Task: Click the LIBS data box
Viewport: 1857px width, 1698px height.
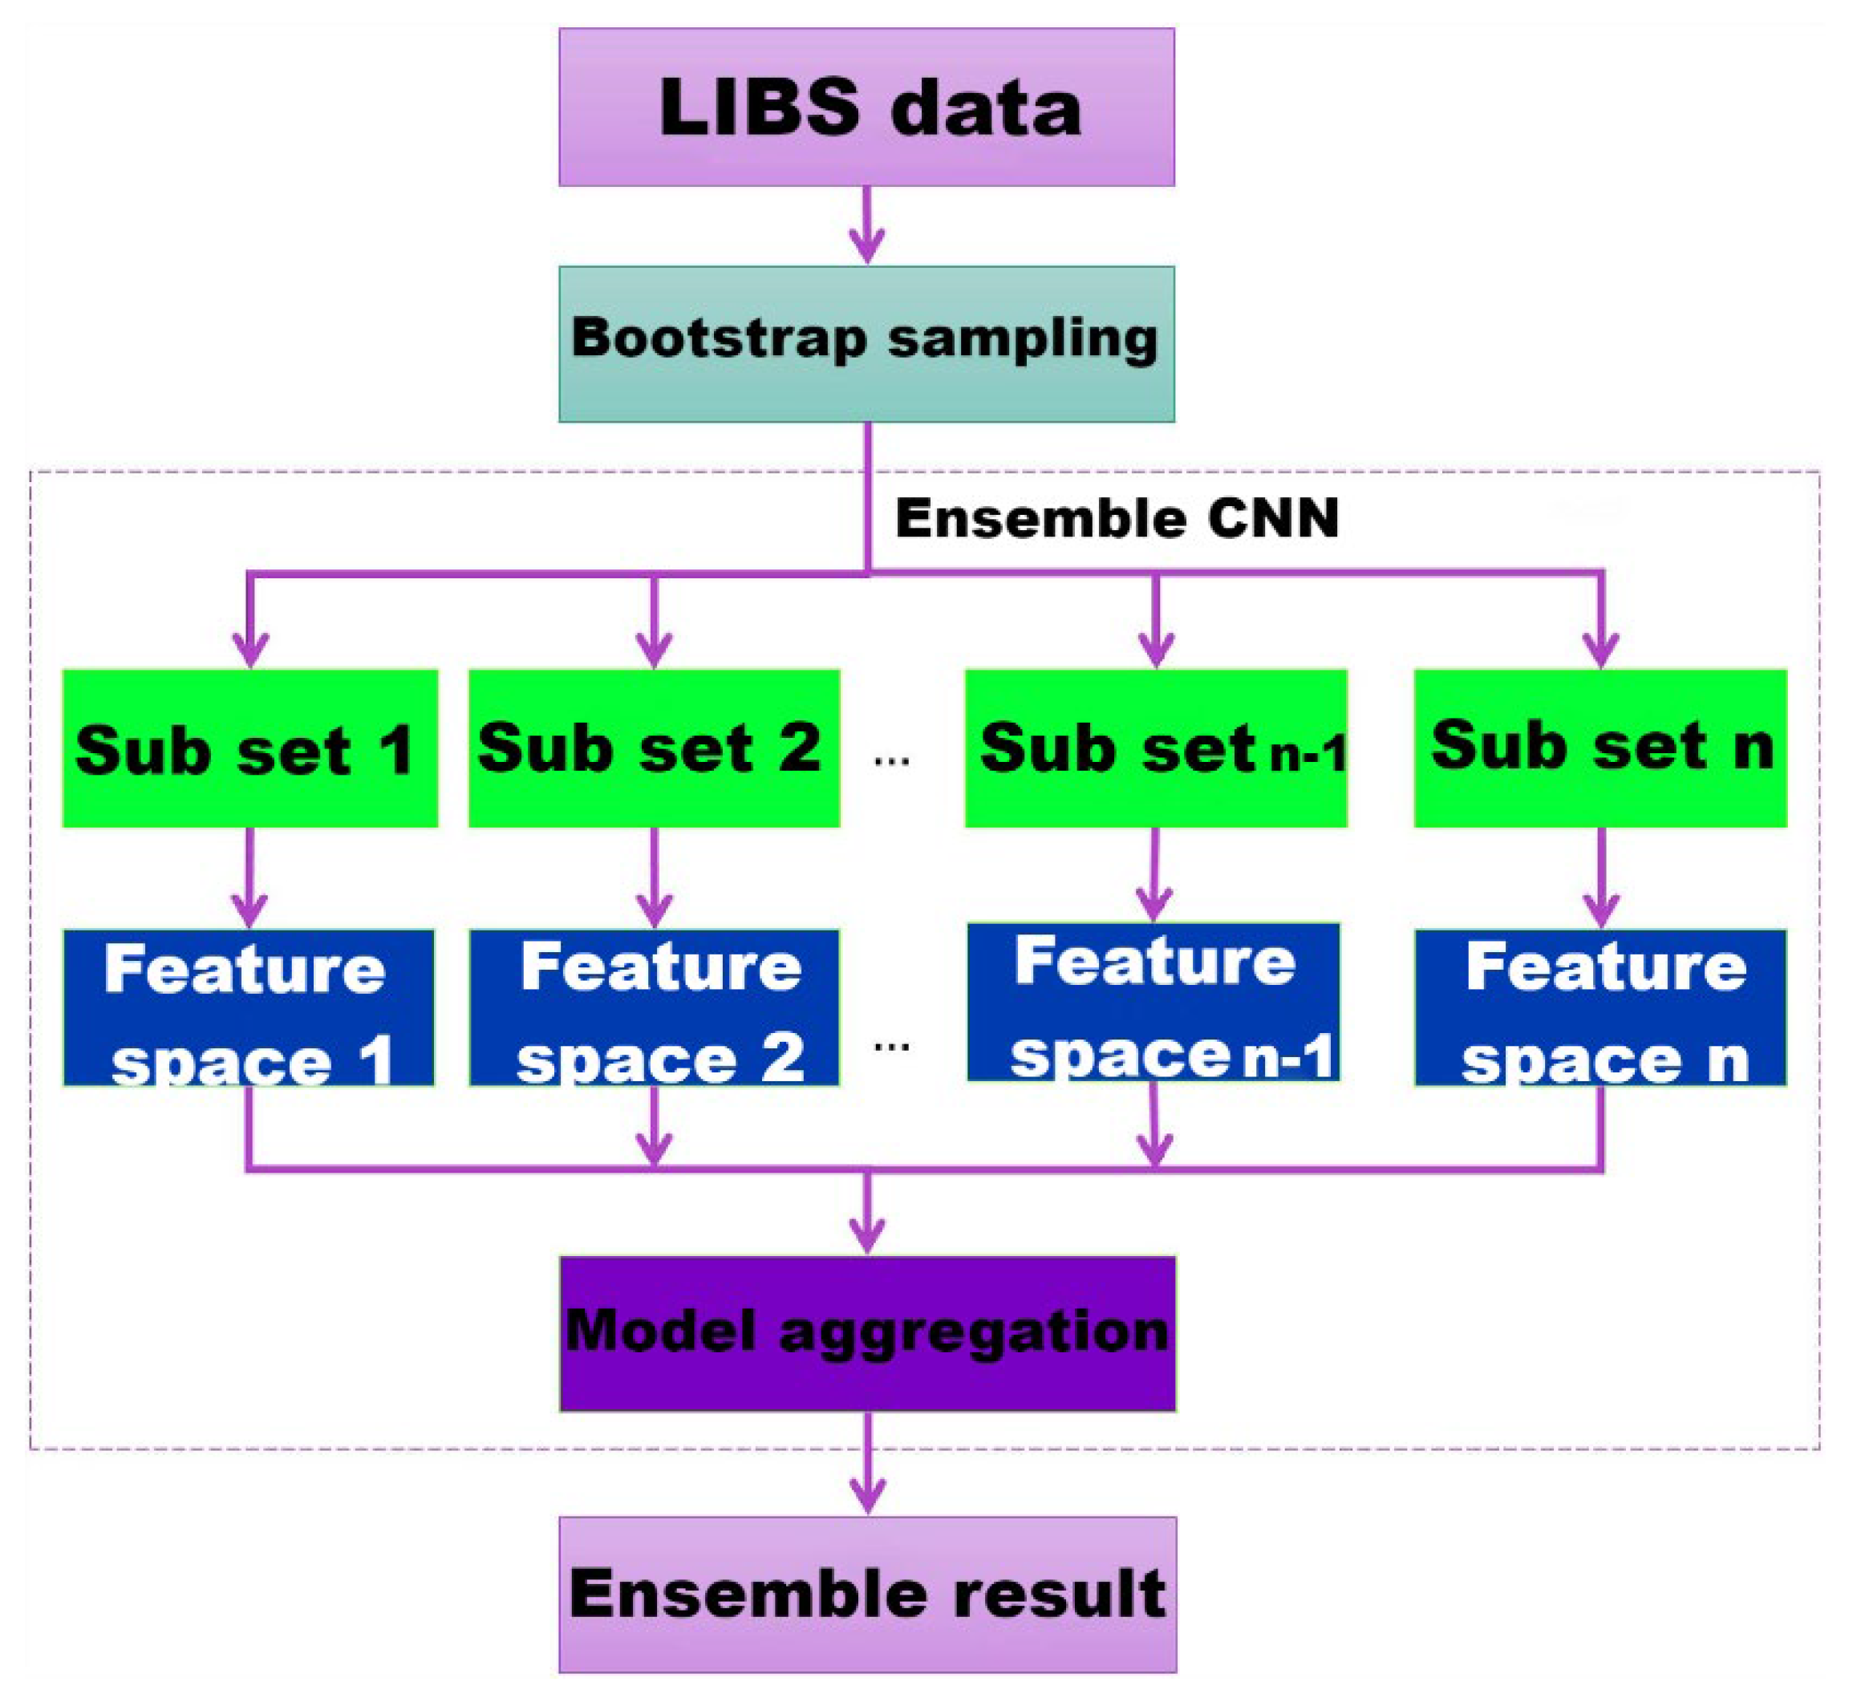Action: tap(866, 107)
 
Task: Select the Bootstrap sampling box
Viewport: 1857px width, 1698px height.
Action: tap(866, 344)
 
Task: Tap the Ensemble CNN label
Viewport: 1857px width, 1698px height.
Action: tap(1117, 518)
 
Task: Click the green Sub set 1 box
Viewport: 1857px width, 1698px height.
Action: tap(249, 748)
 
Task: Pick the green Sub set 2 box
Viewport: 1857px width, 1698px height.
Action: tap(654, 748)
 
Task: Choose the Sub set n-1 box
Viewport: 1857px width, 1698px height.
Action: tap(1156, 748)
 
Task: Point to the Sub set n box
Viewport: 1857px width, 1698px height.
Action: tap(1601, 748)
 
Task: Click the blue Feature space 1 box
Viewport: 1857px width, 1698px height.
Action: tap(249, 1007)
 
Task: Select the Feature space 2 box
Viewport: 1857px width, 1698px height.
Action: tap(654, 1007)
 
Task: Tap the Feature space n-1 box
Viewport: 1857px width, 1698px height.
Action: tap(1154, 1002)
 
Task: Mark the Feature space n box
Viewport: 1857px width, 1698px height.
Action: tap(1601, 1007)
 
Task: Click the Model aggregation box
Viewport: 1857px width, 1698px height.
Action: tap(867, 1333)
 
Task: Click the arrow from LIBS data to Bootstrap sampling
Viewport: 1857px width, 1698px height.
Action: tap(867, 226)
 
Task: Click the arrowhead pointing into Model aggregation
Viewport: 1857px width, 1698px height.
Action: tap(867, 1234)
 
